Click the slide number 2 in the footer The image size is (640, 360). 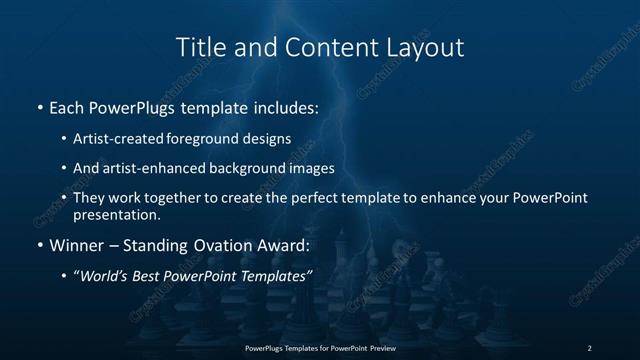589,347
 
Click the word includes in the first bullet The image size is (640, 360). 284,106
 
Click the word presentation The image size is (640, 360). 116,214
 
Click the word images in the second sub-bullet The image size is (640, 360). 310,168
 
